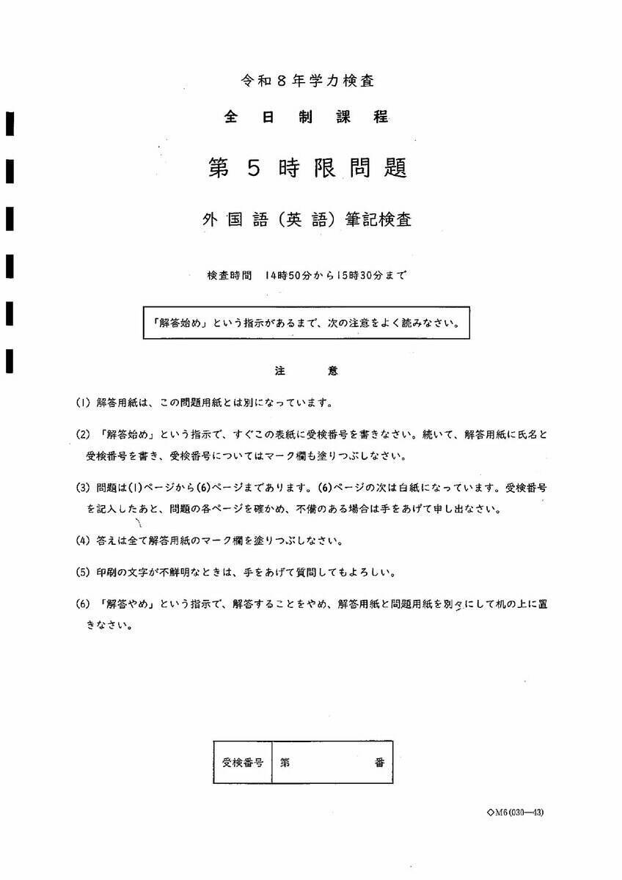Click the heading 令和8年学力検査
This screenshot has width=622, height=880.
tap(311, 81)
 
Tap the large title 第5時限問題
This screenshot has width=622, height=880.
tap(307, 167)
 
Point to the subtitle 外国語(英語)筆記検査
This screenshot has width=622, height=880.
tap(307, 219)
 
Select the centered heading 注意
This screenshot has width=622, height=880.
tap(307, 371)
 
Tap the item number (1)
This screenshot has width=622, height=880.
tap(83, 403)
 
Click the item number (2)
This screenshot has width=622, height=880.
tap(83, 434)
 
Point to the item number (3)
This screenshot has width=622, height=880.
tap(83, 487)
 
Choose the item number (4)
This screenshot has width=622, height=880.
tap(83, 540)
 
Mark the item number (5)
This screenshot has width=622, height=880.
tap(83, 572)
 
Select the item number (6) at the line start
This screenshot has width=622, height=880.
tap(83, 604)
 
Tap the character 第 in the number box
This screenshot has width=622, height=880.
tap(285, 763)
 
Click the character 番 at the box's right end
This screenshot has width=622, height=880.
tap(379, 763)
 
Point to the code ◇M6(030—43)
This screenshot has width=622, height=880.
tap(515, 812)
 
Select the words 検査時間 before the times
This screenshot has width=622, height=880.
tap(230, 276)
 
